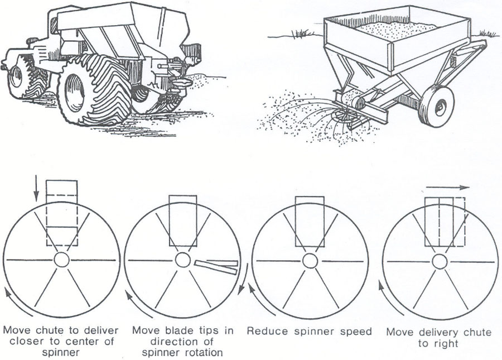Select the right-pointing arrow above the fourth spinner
tap(449, 188)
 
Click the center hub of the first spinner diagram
tap(61, 260)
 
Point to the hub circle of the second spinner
tap(182, 260)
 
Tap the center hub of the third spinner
tap(310, 261)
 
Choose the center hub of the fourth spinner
tap(440, 261)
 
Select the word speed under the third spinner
tap(356, 332)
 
